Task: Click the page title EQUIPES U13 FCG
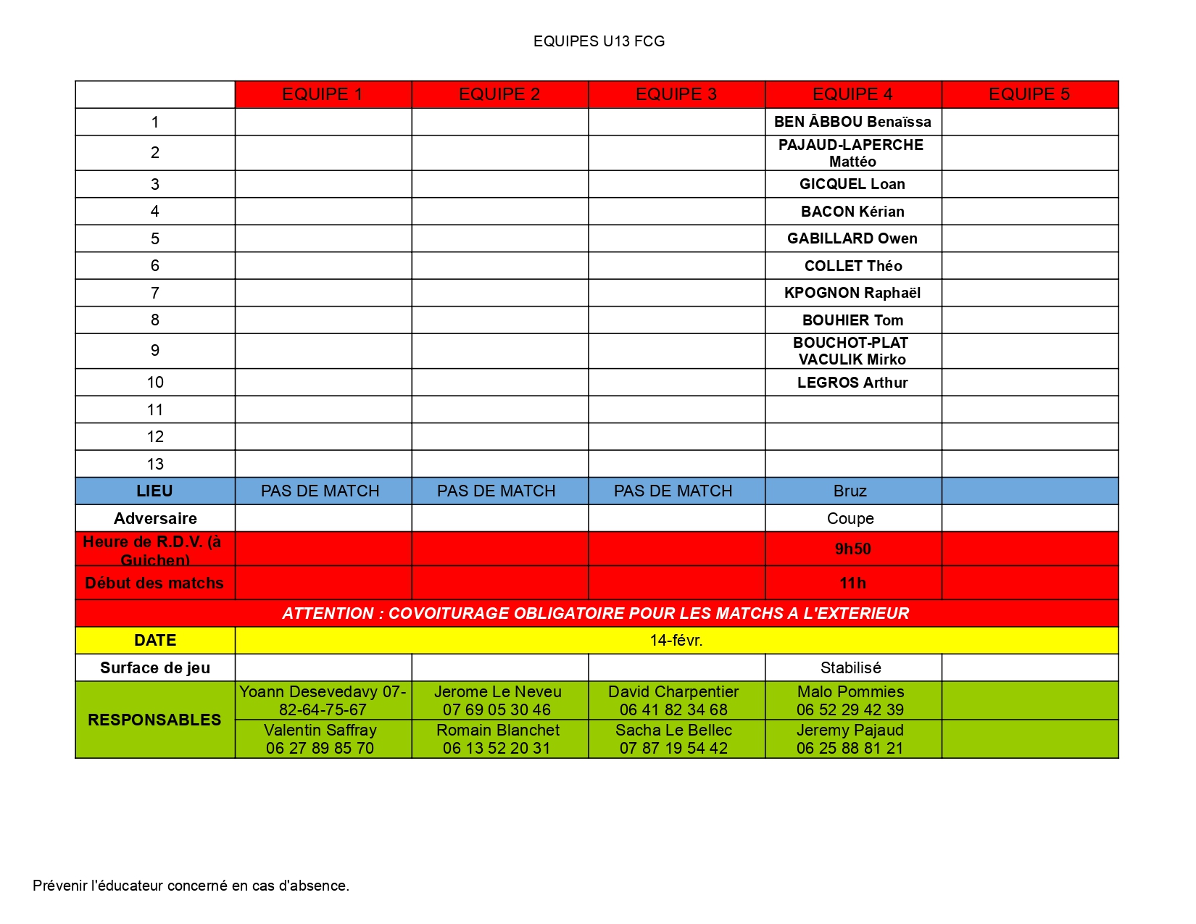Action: click(599, 41)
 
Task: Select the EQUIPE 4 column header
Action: click(852, 94)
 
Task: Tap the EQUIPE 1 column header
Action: click(323, 94)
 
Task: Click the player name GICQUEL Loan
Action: click(852, 184)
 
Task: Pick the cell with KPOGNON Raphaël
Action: click(852, 293)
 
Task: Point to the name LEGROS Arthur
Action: click(852, 383)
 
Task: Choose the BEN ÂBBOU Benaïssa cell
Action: click(852, 122)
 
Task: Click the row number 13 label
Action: click(155, 464)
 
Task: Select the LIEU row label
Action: click(154, 491)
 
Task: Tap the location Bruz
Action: click(850, 491)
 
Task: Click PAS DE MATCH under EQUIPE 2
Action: click(497, 491)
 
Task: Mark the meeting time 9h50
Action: click(852, 549)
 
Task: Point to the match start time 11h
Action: click(852, 583)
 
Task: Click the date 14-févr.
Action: click(676, 640)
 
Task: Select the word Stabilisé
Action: click(851, 667)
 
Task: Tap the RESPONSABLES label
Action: click(154, 720)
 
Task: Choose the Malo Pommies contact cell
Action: click(850, 700)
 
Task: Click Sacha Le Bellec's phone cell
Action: click(673, 739)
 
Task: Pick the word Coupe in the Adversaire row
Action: click(850, 518)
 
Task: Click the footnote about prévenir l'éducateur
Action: click(191, 886)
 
